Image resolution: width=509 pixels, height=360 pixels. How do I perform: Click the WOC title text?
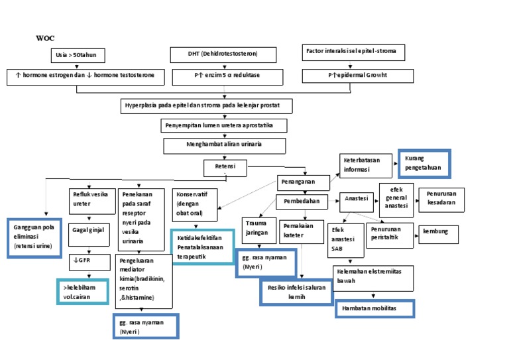pyautogui.click(x=44, y=38)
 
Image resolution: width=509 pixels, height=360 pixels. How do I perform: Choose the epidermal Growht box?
pyautogui.click(x=357, y=76)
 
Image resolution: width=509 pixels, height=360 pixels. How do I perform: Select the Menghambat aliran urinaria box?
pyautogui.click(x=225, y=145)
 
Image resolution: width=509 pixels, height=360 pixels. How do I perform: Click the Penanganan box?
pyautogui.click(x=303, y=181)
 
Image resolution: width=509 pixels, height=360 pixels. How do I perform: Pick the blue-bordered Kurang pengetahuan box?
pyautogui.click(x=423, y=164)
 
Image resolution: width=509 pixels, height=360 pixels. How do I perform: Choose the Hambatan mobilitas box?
pyautogui.click(x=374, y=308)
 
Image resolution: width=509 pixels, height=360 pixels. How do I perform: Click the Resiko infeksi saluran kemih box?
pyautogui.click(x=296, y=292)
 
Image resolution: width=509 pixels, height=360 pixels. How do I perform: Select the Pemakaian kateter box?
pyautogui.click(x=302, y=230)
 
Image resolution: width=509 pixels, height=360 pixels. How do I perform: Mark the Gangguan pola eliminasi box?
pyautogui.click(x=34, y=237)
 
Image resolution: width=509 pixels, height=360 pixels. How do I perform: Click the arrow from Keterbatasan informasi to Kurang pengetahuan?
pyautogui.click(x=392, y=162)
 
